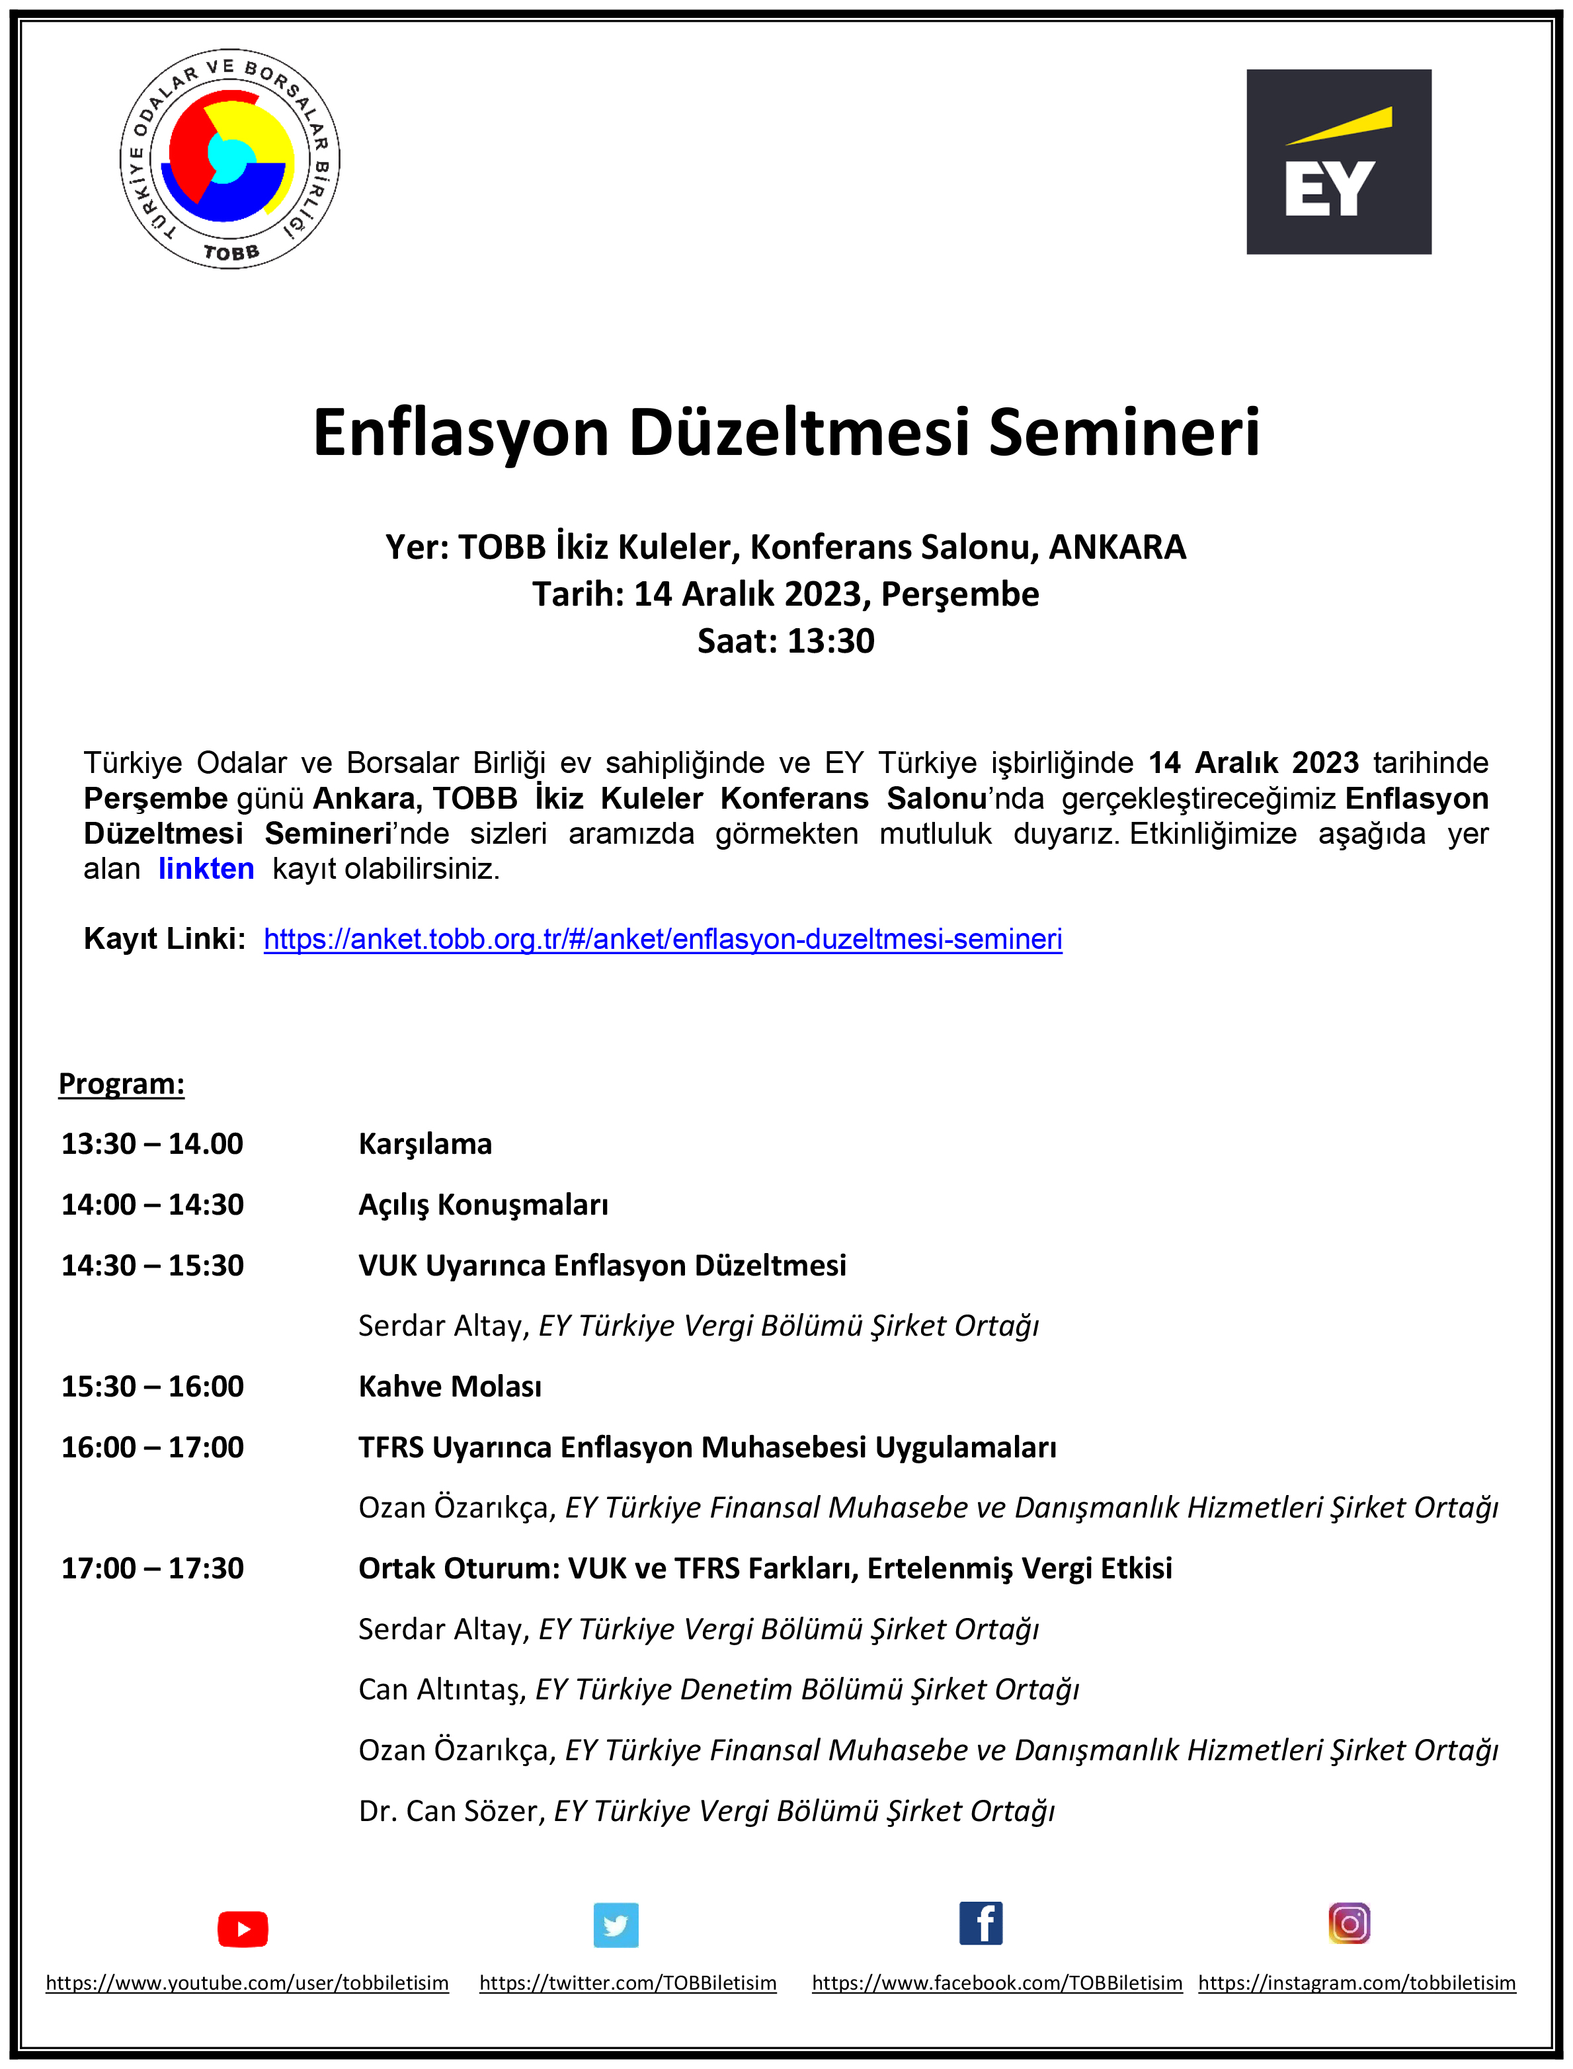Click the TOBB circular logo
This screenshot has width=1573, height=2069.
pyautogui.click(x=229, y=159)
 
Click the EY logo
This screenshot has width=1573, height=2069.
pyautogui.click(x=1338, y=162)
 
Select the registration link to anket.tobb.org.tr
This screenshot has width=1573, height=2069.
pyautogui.click(x=663, y=939)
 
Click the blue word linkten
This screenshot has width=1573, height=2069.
pyautogui.click(x=206, y=869)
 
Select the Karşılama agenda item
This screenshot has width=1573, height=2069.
pyautogui.click(x=425, y=1143)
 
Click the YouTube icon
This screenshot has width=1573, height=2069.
pyautogui.click(x=243, y=1929)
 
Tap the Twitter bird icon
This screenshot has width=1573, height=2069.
pyautogui.click(x=616, y=1926)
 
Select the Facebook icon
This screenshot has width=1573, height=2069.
pyautogui.click(x=981, y=1924)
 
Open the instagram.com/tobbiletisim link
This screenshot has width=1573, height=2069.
pyautogui.click(x=1357, y=1983)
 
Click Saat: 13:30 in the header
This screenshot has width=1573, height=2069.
pyautogui.click(x=786, y=641)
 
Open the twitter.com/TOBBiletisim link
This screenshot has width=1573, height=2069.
pyautogui.click(x=628, y=1983)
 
